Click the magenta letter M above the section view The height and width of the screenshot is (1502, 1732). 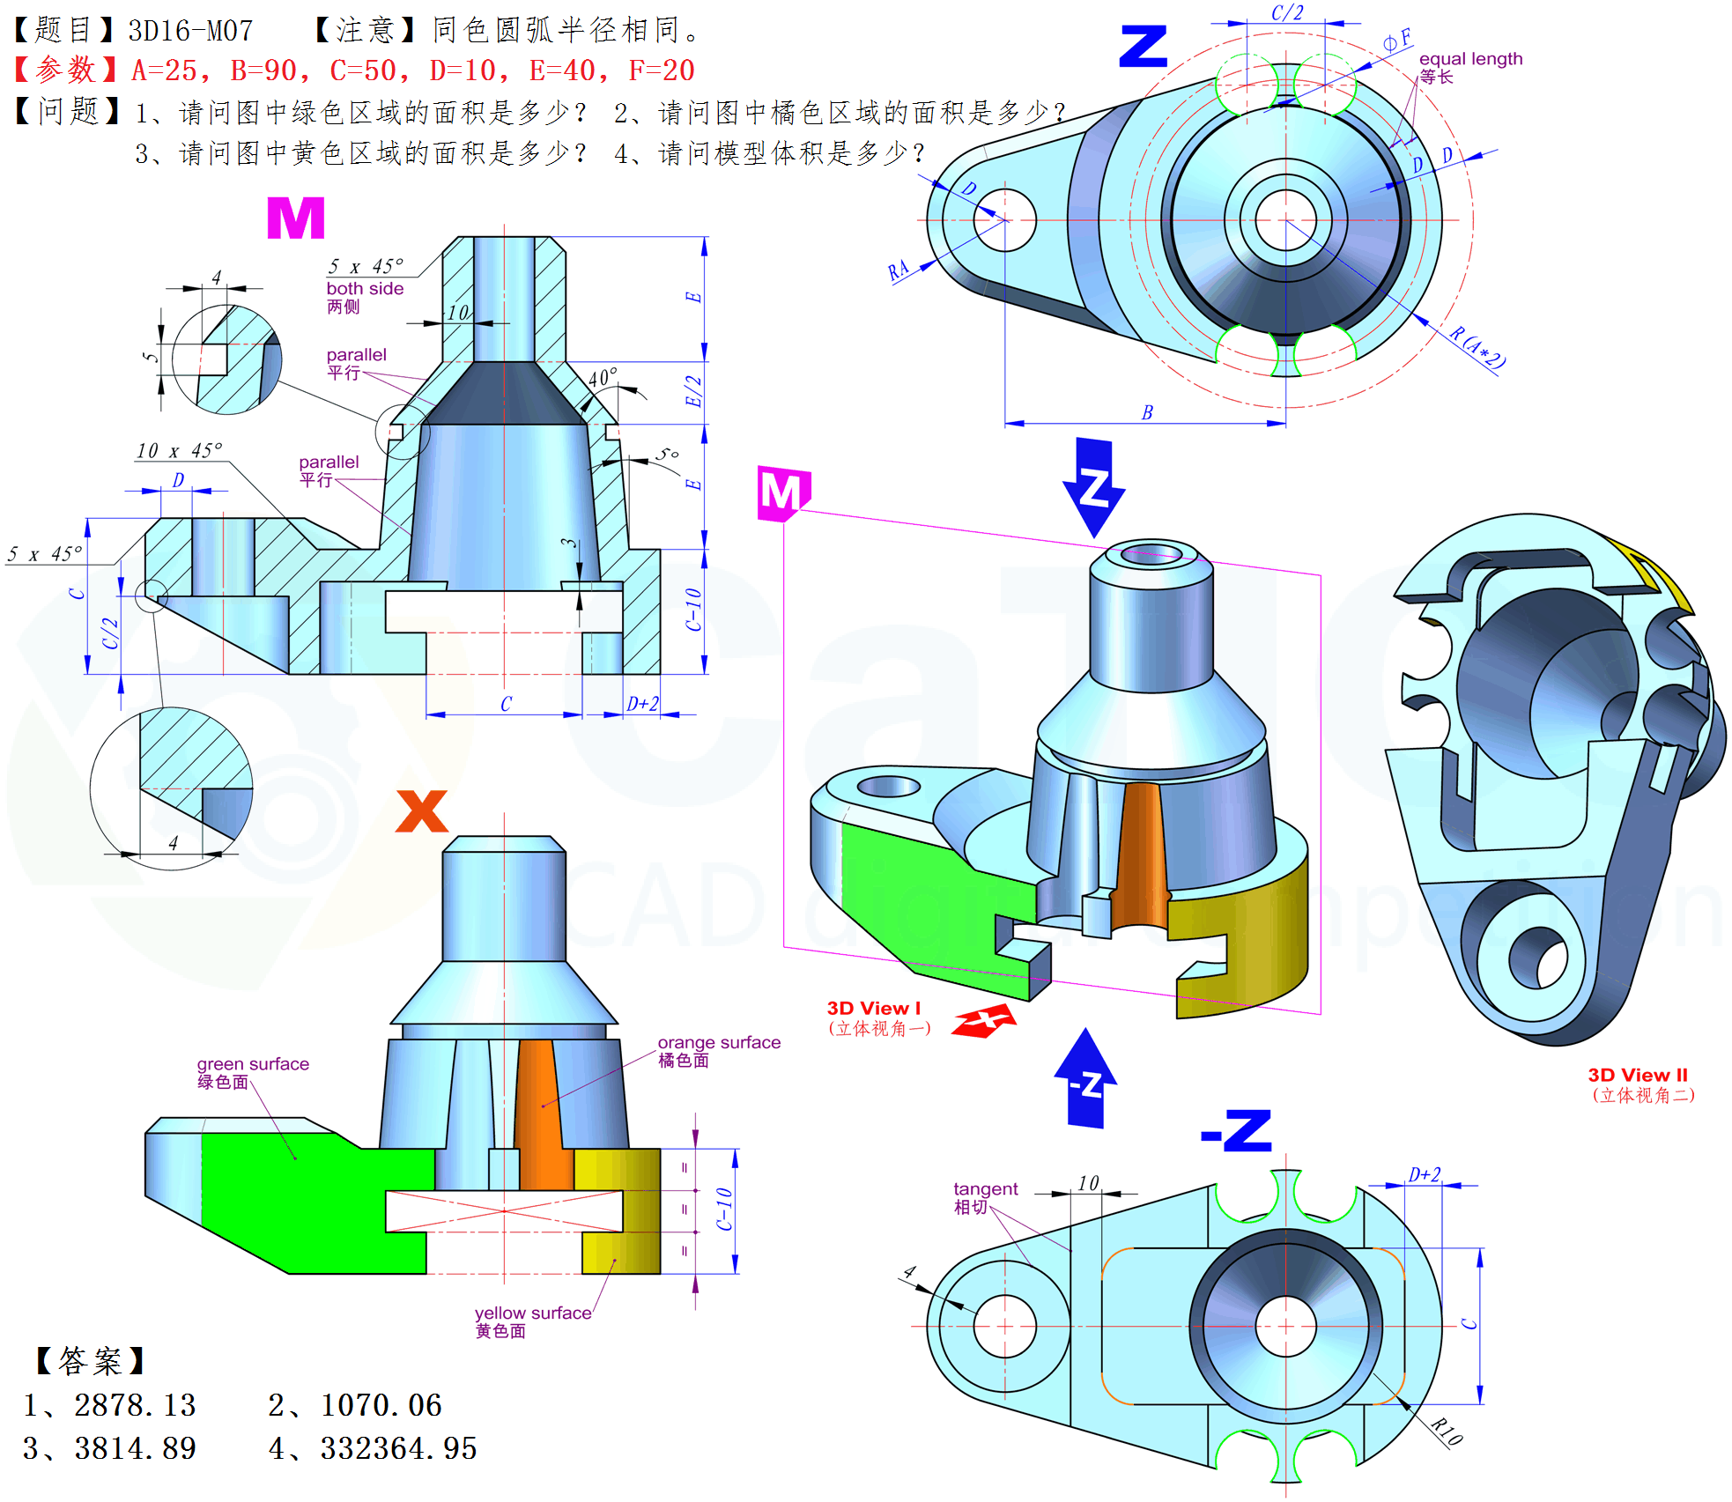tap(296, 218)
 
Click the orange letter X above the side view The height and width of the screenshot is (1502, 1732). tap(421, 811)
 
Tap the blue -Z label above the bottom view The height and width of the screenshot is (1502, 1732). tap(1237, 1131)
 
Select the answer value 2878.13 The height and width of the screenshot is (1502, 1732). tap(135, 1405)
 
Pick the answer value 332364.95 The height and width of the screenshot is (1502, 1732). tap(398, 1448)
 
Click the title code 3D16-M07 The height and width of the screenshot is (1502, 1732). tap(190, 31)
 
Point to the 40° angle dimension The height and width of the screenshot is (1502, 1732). tap(603, 379)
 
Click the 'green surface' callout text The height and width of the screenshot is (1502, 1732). tap(253, 1064)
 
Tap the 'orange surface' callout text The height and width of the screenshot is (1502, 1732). tap(719, 1043)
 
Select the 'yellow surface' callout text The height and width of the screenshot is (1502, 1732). tap(533, 1313)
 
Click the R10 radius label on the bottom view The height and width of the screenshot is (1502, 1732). tap(1446, 1432)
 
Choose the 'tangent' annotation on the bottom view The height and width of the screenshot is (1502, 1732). tap(985, 1189)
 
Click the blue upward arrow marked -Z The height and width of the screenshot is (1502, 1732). tap(1086, 1079)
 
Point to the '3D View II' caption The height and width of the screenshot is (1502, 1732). tap(1638, 1075)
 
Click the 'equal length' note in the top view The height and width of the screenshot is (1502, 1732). tap(1470, 59)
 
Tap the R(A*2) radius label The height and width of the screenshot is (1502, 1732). tap(1477, 347)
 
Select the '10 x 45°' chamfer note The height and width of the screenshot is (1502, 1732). tap(179, 451)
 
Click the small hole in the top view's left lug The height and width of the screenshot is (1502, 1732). tap(1004, 220)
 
